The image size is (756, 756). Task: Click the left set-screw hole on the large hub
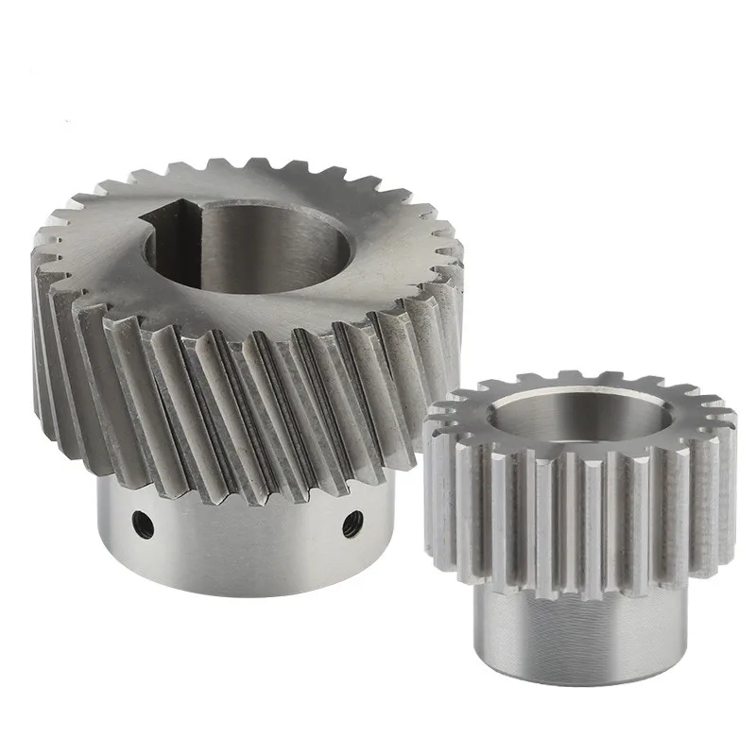(x=141, y=518)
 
